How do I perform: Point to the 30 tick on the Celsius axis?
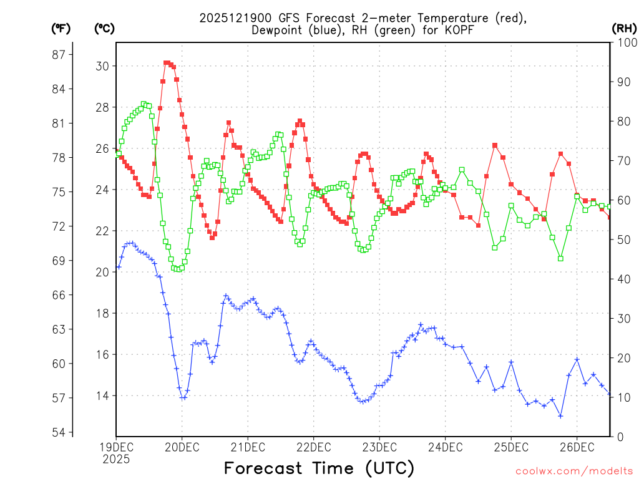tap(103, 66)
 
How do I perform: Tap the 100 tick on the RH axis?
tap(624, 42)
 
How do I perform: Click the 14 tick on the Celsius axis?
tap(103, 396)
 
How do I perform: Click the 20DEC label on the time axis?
tap(182, 447)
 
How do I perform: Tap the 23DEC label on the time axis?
tap(379, 447)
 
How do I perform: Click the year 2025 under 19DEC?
tap(116, 459)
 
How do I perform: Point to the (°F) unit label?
tap(61, 28)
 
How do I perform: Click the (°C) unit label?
tap(104, 28)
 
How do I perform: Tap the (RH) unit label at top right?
tap(623, 28)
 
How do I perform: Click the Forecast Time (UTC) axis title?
tap(319, 468)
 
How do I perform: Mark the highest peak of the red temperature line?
tap(167, 63)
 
